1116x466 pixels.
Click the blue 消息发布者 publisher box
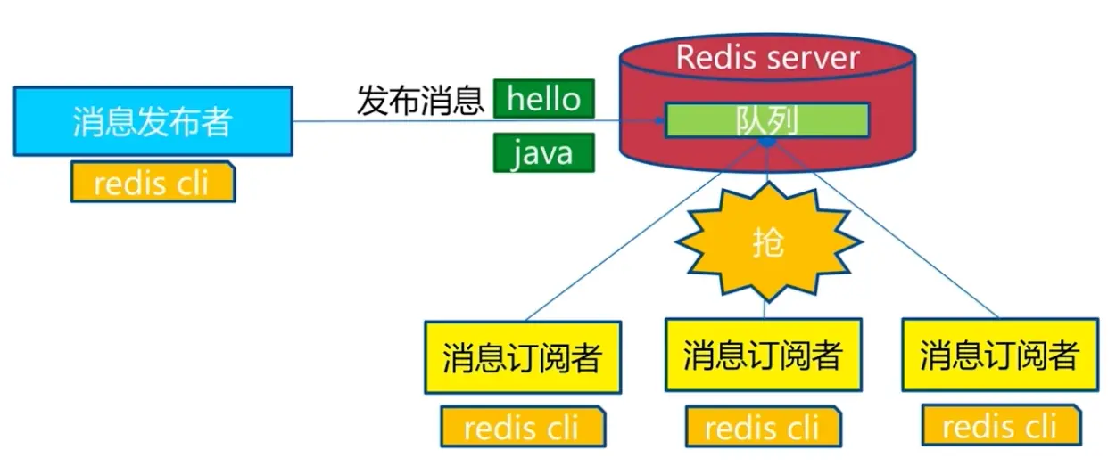[153, 121]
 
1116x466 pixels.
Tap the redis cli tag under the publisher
[153, 182]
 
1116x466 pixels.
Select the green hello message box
[544, 99]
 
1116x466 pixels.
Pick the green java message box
[544, 153]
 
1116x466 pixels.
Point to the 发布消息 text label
[420, 101]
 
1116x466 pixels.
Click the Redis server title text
[768, 58]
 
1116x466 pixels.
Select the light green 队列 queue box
[767, 120]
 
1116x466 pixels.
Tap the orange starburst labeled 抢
[768, 242]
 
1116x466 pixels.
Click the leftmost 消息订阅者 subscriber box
[523, 357]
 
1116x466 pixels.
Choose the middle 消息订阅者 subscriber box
[764, 355]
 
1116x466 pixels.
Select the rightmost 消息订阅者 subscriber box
[1000, 355]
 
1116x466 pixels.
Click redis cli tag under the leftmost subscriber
[523, 427]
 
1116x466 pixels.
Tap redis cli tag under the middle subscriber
[764, 427]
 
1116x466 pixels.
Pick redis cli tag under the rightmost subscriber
[1002, 426]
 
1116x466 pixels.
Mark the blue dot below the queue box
[767, 143]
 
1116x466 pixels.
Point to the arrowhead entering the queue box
[659, 120]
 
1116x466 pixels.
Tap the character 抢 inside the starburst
[768, 243]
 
